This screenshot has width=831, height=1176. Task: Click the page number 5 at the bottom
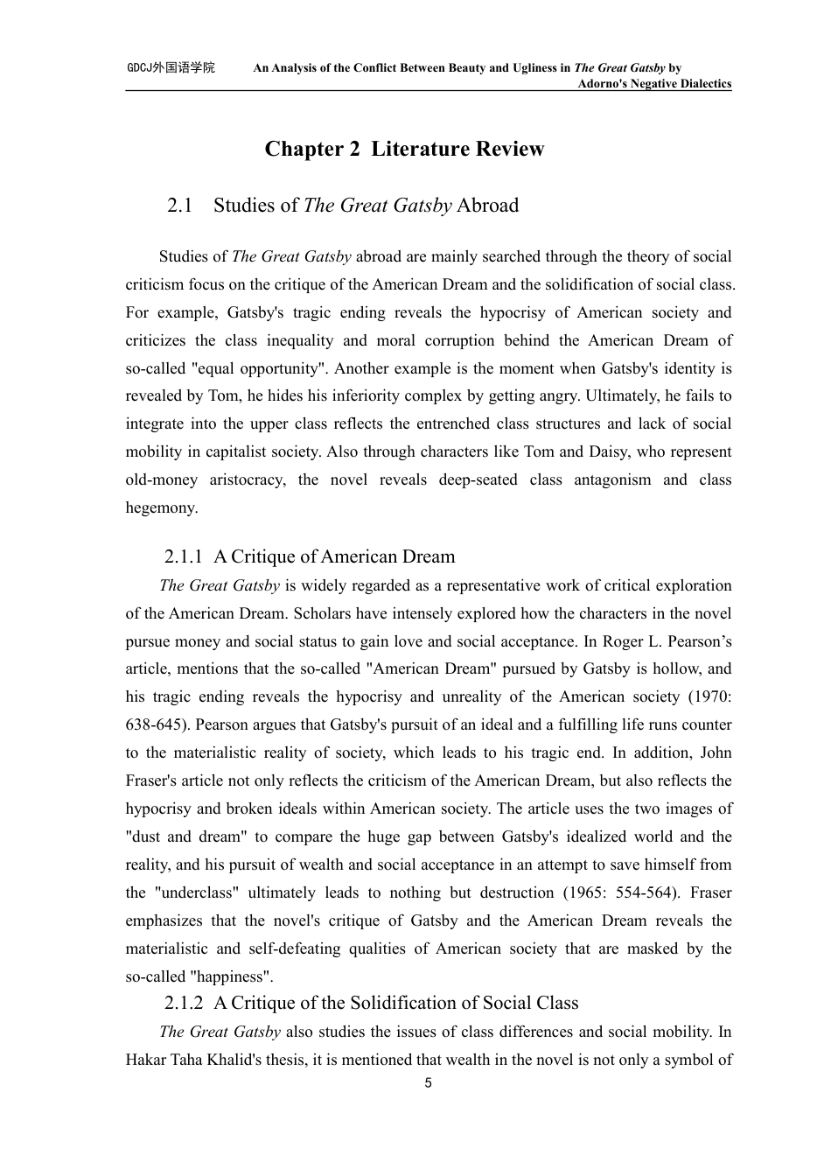(428, 1083)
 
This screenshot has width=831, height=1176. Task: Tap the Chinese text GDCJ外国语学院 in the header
(171, 68)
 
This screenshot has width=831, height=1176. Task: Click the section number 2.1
(179, 206)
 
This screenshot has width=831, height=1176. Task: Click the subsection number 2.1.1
(184, 556)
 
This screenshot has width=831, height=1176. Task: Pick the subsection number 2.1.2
(184, 1003)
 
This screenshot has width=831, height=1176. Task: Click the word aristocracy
(248, 480)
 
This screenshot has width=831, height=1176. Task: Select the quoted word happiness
(232, 976)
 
